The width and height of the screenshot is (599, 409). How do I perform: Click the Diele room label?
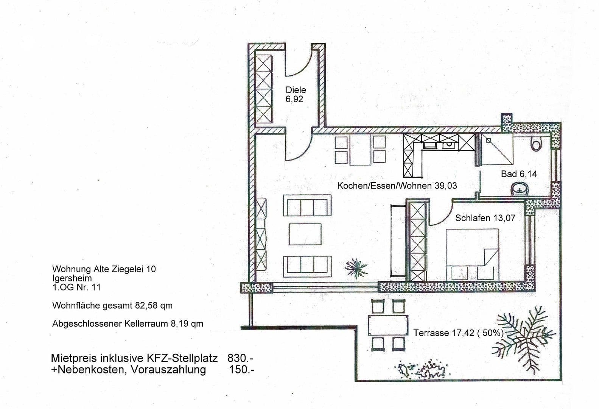(x=296, y=90)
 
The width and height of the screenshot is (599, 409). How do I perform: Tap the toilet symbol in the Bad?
(x=536, y=144)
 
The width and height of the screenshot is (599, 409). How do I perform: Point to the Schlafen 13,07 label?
(x=485, y=218)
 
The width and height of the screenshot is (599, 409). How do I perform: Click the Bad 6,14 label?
(x=519, y=174)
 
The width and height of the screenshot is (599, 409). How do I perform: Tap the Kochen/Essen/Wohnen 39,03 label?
(x=397, y=186)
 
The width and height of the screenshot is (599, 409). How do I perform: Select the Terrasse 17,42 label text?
(x=458, y=333)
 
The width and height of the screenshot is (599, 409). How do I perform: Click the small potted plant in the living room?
(x=356, y=268)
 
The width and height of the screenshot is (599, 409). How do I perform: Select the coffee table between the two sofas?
(x=305, y=234)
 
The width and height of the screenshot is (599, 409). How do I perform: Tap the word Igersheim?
(x=72, y=278)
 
